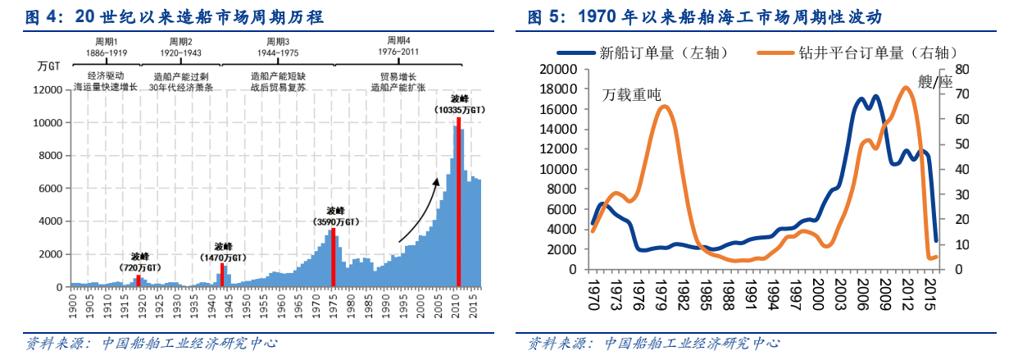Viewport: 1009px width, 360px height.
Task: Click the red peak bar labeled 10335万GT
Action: (458, 202)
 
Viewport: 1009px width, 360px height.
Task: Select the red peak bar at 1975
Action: (334, 257)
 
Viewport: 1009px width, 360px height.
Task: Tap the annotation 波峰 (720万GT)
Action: (140, 262)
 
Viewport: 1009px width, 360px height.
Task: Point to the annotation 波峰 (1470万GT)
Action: (223, 251)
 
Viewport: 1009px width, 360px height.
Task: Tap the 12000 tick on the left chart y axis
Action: (51, 90)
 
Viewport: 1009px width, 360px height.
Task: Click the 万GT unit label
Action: (48, 64)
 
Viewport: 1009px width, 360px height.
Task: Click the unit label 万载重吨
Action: (632, 94)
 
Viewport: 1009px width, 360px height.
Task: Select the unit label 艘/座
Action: (935, 82)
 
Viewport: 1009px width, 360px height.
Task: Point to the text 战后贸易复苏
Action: (278, 86)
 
